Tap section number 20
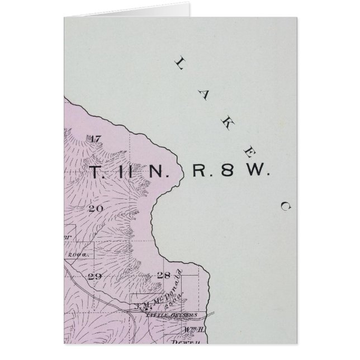tap(94, 207)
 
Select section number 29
tap(94, 276)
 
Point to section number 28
tap(163, 275)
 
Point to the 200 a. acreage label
tap(84, 254)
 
